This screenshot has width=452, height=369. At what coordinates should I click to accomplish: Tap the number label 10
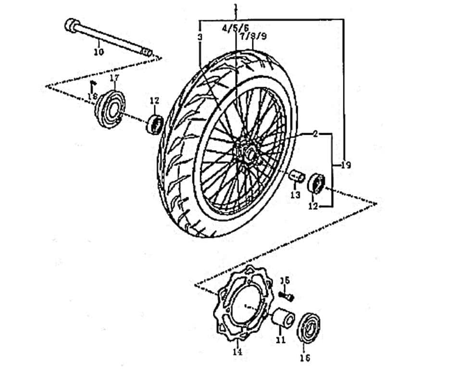pyautogui.click(x=98, y=51)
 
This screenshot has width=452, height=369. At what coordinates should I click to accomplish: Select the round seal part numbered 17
pyautogui.click(x=110, y=108)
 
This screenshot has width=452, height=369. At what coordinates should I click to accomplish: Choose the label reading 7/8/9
pyautogui.click(x=253, y=36)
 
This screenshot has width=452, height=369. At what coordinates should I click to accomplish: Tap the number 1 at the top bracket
pyautogui.click(x=236, y=7)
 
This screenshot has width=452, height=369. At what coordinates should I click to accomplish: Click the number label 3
pyautogui.click(x=200, y=37)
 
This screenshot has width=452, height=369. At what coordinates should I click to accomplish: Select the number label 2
pyautogui.click(x=315, y=134)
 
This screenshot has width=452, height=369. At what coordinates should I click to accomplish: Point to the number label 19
pyautogui.click(x=346, y=165)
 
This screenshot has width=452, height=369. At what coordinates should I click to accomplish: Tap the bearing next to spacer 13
pyautogui.click(x=316, y=183)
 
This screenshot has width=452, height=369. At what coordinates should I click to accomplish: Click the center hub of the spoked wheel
pyautogui.click(x=248, y=153)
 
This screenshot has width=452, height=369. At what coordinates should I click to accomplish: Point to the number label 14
pyautogui.click(x=238, y=352)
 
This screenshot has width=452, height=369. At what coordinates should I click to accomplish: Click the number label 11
pyautogui.click(x=280, y=340)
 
